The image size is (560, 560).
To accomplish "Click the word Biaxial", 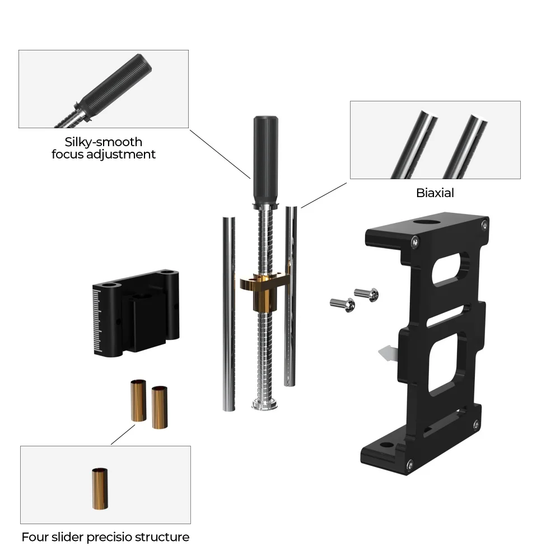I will (x=435, y=193).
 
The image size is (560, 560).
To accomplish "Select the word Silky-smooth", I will (x=103, y=142).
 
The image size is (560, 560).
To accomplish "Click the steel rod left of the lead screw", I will (x=229, y=314).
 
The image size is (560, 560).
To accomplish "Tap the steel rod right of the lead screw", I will (x=291, y=297).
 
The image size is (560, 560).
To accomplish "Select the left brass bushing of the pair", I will (x=138, y=400).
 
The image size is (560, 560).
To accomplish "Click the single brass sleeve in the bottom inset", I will (x=100, y=488).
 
